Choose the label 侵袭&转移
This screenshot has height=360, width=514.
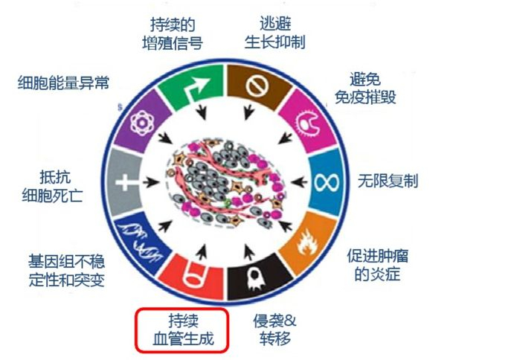(x=274, y=330)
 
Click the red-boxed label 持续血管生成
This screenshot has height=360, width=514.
(x=180, y=330)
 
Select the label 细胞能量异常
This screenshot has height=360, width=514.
(x=63, y=83)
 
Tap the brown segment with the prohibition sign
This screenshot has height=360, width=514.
(x=254, y=83)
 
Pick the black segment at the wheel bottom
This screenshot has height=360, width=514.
(x=254, y=276)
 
